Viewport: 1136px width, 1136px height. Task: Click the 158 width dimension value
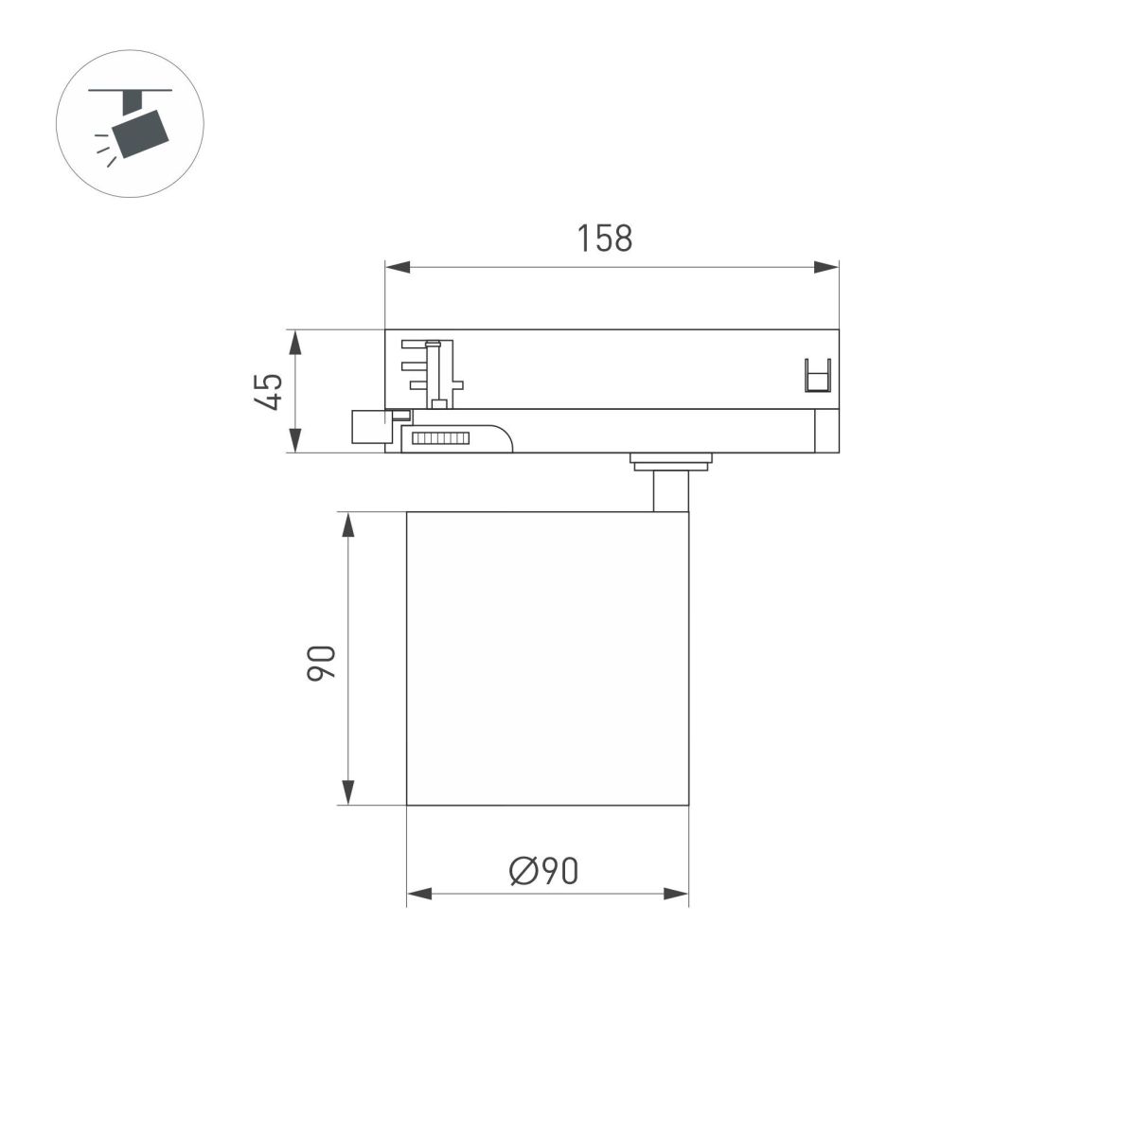coord(605,239)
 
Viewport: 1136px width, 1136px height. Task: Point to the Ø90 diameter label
coord(543,870)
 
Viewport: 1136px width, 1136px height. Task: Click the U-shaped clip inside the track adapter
coord(816,376)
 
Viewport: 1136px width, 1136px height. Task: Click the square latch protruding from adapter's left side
coord(369,426)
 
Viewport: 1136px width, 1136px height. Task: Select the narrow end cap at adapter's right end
coord(826,432)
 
